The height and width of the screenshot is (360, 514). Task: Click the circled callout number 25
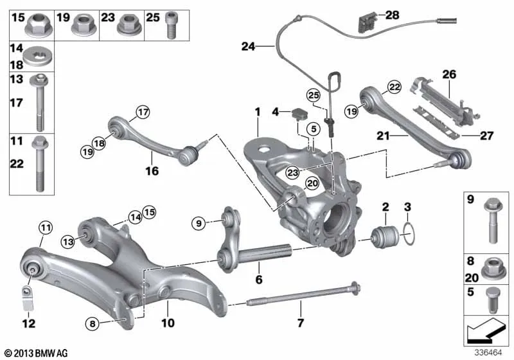pyautogui.click(x=314, y=95)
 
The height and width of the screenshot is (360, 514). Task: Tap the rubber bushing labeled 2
pyautogui.click(x=384, y=237)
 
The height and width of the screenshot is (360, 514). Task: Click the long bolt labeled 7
pyautogui.click(x=303, y=293)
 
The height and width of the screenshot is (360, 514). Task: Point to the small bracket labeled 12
pyautogui.click(x=28, y=298)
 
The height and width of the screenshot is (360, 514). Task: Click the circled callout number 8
pyautogui.click(x=93, y=324)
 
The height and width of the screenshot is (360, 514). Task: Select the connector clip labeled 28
pyautogui.click(x=368, y=22)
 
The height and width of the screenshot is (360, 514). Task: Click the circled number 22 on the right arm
pyautogui.click(x=394, y=87)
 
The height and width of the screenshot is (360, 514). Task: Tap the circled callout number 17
pyautogui.click(x=143, y=113)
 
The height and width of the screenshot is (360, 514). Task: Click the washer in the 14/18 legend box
pyautogui.click(x=39, y=57)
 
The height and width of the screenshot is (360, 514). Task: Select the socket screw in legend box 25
pyautogui.click(x=172, y=25)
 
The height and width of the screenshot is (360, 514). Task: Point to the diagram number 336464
pyautogui.click(x=488, y=352)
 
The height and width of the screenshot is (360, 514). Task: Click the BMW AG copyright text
pyautogui.click(x=37, y=353)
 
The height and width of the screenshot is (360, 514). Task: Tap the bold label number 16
pyautogui.click(x=152, y=171)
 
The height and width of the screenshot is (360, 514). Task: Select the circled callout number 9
pyautogui.click(x=199, y=224)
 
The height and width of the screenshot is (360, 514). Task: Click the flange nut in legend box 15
pyautogui.click(x=39, y=24)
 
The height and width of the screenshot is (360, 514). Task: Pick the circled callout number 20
pyautogui.click(x=312, y=183)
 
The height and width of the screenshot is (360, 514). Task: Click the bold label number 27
pyautogui.click(x=487, y=136)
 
